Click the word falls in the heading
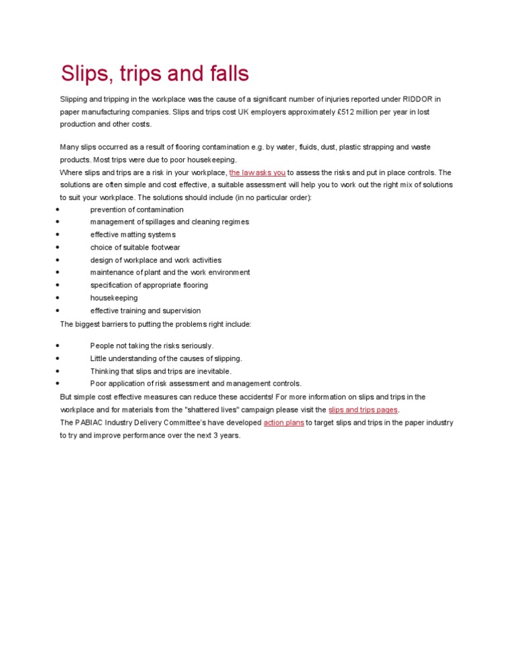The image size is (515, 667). [225, 73]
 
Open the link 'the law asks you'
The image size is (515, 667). [257, 172]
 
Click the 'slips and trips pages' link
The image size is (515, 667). [363, 409]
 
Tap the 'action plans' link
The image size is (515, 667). [284, 423]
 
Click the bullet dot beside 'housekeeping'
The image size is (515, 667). [58, 298]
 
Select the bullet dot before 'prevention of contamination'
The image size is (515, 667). [58, 209]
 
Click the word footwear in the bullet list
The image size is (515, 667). [164, 248]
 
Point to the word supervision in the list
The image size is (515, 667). [178, 311]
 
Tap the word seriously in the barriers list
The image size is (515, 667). [194, 346]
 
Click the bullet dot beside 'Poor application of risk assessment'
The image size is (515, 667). [58, 384]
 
